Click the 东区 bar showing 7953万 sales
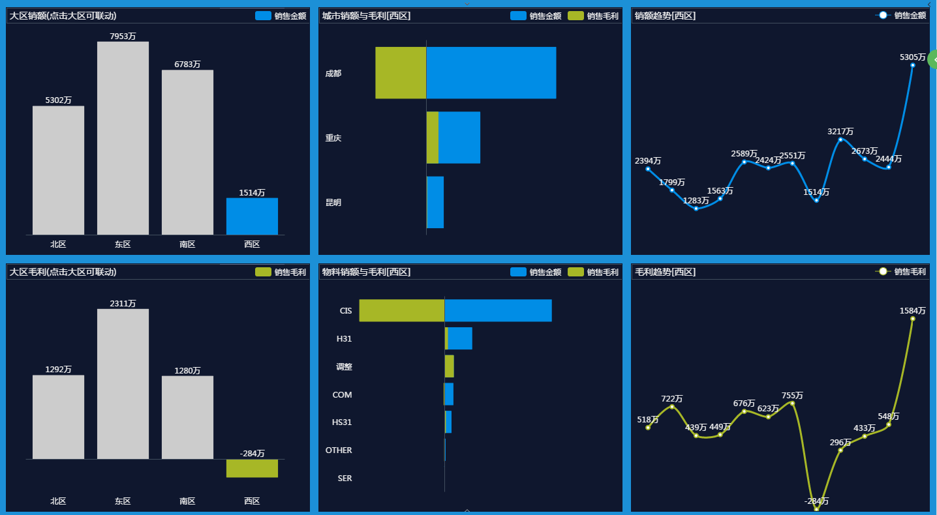pyautogui.click(x=123, y=138)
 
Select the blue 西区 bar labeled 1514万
pyautogui.click(x=252, y=216)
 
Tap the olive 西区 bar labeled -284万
pyautogui.click(x=252, y=468)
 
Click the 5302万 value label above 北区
pyautogui.click(x=58, y=100)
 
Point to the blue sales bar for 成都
pyautogui.click(x=491, y=73)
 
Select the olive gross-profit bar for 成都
pyautogui.click(x=401, y=73)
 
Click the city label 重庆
pyautogui.click(x=333, y=138)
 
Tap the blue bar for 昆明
pyautogui.click(x=435, y=202)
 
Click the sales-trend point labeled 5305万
pyautogui.click(x=912, y=65)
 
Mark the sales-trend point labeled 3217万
pyautogui.click(x=840, y=140)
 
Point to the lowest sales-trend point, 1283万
pyautogui.click(x=696, y=209)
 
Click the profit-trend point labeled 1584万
pyautogui.click(x=912, y=318)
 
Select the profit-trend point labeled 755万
pyautogui.click(x=792, y=403)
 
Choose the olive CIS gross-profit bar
pyautogui.click(x=401, y=310)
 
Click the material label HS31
pyautogui.click(x=342, y=422)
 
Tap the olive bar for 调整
pyautogui.click(x=449, y=366)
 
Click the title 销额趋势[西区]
pyautogui.click(x=665, y=16)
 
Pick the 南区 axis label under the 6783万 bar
pyautogui.click(x=187, y=244)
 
